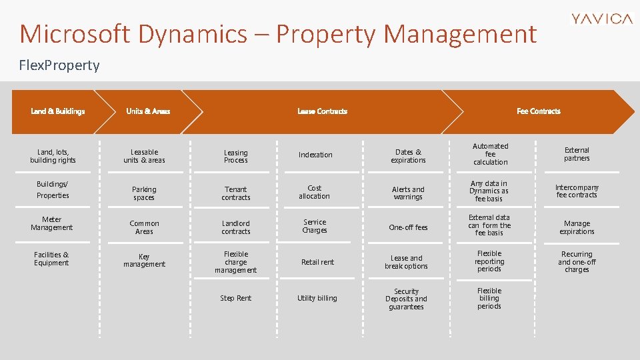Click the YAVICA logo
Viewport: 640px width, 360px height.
coord(602,19)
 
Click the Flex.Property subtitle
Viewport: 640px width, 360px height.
coord(59,65)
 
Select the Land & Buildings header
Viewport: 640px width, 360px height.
coord(58,111)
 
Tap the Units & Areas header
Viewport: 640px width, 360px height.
coord(148,111)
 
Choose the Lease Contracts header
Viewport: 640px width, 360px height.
coord(322,111)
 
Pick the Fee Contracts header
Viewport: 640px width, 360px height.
coord(539,111)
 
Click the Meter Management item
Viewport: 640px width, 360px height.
coord(52,223)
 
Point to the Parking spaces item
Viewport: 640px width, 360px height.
coord(144,193)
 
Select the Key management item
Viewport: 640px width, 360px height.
coord(144,260)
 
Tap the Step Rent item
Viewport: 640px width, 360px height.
coord(236,298)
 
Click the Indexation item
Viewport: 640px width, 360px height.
coord(315,155)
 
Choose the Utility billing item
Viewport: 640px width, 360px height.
coord(317,298)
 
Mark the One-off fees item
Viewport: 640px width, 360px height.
coord(408,227)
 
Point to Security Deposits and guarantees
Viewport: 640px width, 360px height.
coord(407,299)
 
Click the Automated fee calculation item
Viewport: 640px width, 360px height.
coord(491,154)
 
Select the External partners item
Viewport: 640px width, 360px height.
coord(577,154)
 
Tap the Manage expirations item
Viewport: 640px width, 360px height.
coord(577,227)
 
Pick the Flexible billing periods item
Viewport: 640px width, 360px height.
coord(489,298)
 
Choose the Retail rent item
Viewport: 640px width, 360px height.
coord(317,262)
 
